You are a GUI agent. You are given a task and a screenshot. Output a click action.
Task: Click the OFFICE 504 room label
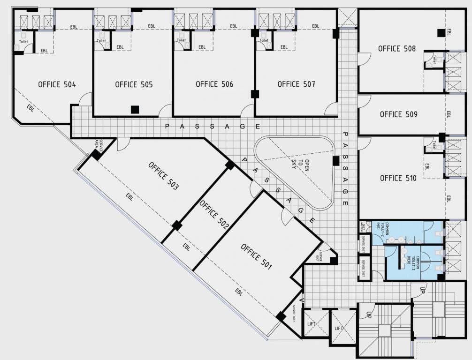[x=57, y=84]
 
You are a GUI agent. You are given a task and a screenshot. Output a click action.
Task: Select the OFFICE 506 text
[x=214, y=84]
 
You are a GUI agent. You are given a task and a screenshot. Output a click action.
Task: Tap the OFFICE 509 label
[x=398, y=114]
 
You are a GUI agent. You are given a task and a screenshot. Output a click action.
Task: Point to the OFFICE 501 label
[x=256, y=257]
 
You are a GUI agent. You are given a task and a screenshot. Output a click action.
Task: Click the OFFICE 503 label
[x=163, y=176]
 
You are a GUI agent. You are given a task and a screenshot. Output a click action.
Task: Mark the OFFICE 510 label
[x=398, y=178]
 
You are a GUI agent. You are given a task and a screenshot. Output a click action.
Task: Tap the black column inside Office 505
[x=135, y=109]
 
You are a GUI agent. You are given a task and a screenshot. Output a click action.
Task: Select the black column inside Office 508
[x=441, y=32]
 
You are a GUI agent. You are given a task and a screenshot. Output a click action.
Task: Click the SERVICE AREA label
[x=99, y=143]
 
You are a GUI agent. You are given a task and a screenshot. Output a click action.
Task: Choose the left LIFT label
[x=312, y=324]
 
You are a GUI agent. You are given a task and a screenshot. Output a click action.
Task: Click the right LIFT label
[x=339, y=328]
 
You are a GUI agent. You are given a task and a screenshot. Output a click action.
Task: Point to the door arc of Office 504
[x=85, y=99]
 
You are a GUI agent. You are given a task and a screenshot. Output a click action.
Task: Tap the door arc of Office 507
[x=331, y=110]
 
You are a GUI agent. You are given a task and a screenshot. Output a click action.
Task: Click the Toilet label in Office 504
[x=23, y=42]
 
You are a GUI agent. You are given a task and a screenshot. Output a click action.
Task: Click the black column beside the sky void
[x=335, y=161]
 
